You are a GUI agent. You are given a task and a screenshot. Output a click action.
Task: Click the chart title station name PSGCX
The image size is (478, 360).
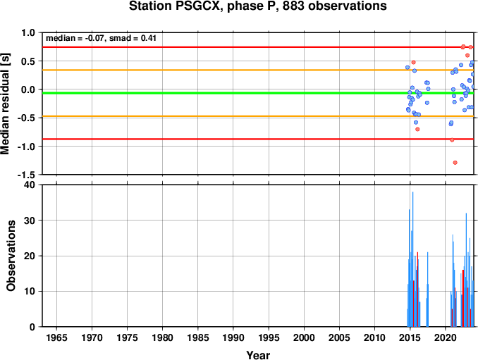[197, 6]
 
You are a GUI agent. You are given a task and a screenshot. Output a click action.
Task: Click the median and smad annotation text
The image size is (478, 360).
[101, 38]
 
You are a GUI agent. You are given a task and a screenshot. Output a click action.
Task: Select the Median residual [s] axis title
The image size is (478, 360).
[5, 104]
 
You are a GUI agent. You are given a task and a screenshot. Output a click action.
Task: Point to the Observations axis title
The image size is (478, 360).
[11, 256]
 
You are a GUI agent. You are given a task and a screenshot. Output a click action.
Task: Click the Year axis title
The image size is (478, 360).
[258, 355]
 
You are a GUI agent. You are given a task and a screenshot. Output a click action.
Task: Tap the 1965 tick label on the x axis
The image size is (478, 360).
[56, 337]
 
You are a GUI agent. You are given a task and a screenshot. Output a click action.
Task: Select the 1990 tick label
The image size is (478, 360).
[233, 337]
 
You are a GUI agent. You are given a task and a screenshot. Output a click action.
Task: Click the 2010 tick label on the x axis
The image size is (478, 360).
[374, 337]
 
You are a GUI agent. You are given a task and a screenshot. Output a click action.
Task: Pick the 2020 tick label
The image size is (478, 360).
[446, 337]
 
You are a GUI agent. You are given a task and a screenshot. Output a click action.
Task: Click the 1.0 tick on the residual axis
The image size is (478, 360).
[28, 32]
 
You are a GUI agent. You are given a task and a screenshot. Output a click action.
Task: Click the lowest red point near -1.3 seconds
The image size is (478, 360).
[455, 163]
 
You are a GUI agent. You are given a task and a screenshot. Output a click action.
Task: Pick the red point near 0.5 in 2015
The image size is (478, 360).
[413, 62]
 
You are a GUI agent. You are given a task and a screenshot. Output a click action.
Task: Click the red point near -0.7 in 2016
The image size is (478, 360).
[417, 129]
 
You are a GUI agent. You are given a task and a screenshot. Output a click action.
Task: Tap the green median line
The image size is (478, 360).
[258, 93]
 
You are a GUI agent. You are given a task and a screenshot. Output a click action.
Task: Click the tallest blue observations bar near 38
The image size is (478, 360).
[412, 259]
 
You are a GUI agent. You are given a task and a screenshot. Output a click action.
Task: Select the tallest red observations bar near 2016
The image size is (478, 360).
[417, 290]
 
